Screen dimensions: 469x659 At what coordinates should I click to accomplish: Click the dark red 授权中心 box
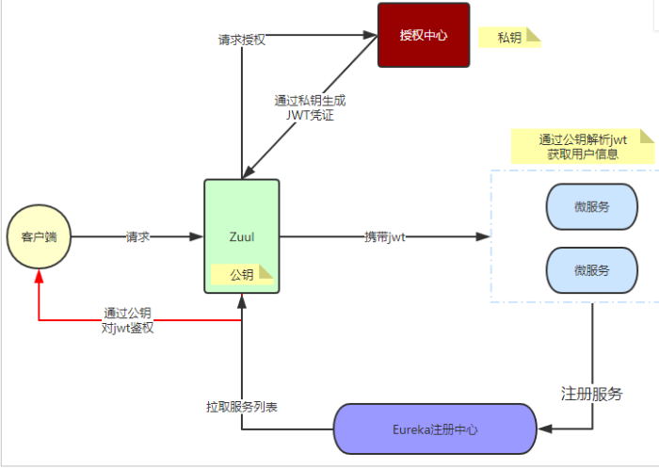tap(423, 36)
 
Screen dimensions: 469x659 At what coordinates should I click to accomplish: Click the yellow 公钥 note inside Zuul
tap(242, 275)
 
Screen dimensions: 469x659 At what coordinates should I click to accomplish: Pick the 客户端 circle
tap(39, 236)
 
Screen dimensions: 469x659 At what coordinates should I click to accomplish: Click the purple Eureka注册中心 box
tap(434, 429)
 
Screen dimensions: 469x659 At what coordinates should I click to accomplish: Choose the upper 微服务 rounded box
tap(592, 206)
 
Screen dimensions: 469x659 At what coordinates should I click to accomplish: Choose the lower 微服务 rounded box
tap(592, 269)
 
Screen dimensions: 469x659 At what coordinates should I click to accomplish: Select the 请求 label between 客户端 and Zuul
tap(138, 237)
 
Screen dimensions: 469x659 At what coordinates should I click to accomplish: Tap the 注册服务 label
tap(592, 394)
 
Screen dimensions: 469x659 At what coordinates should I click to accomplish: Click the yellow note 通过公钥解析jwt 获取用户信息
tap(583, 146)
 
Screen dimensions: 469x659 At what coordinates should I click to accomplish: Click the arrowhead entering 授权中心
tap(370, 36)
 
